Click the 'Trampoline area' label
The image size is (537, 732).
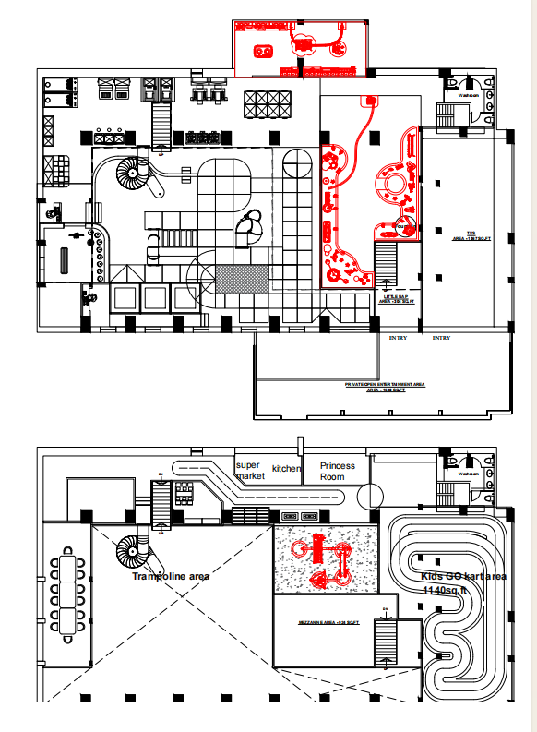(171, 576)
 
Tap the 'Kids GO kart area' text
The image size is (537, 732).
(457, 577)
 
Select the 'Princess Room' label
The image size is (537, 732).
(338, 471)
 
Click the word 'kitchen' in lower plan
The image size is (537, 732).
(286, 469)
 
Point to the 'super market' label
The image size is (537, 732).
(250, 471)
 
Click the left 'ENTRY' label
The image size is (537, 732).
(398, 338)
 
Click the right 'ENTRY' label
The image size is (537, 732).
(442, 338)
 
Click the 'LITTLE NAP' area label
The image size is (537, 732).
(397, 298)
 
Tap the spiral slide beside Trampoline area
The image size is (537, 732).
(129, 554)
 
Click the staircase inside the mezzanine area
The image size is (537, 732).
(384, 641)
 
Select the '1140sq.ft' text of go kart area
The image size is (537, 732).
(446, 590)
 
